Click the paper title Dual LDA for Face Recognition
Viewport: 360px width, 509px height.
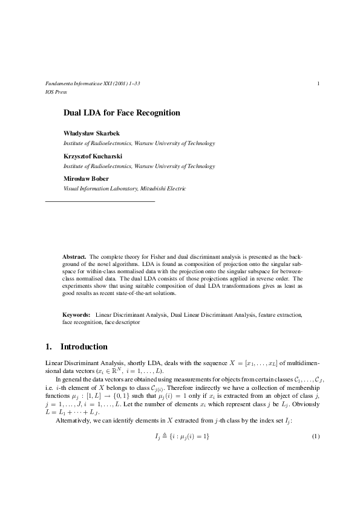[122, 112]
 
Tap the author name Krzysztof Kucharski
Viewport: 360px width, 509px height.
[93, 155]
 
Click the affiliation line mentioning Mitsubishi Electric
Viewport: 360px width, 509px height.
[125, 189]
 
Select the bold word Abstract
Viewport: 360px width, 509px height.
[74, 256]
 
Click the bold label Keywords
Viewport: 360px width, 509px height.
[76, 315]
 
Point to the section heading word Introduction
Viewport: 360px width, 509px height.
[84, 347]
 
